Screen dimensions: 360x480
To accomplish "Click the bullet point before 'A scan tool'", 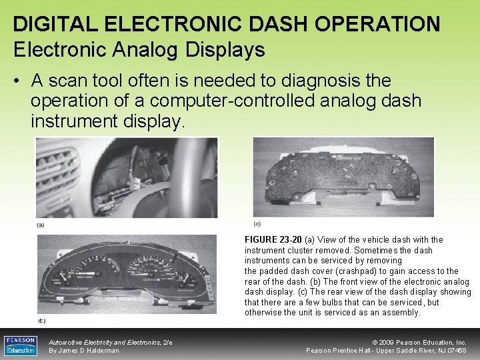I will point(17,81).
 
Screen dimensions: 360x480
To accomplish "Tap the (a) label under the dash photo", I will point(41,225).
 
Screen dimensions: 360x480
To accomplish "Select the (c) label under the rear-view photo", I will point(257,223).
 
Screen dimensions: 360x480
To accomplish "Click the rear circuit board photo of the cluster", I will point(343,177).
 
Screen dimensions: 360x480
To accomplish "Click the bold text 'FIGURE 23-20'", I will point(273,239).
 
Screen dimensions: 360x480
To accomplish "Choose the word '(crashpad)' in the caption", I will point(364,271).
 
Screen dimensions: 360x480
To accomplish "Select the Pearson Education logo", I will point(21,345).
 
